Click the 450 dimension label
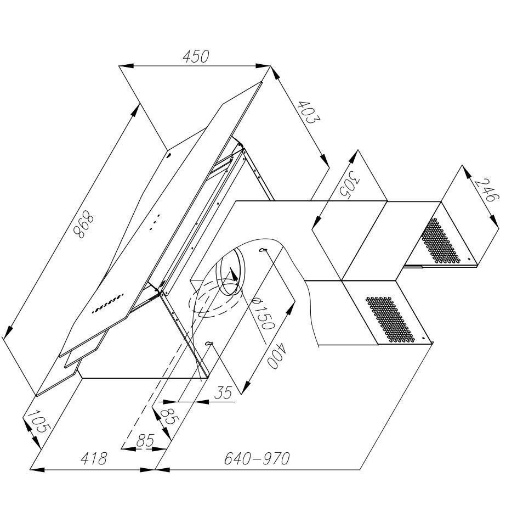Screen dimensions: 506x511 click(x=196, y=57)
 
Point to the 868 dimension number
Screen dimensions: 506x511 click(x=83, y=225)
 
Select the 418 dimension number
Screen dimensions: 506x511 click(x=94, y=458)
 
